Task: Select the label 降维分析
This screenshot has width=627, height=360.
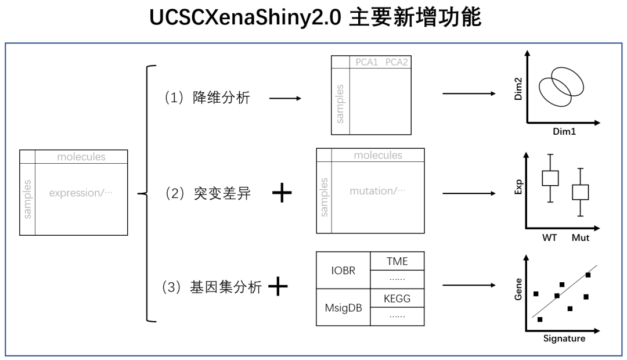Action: coord(221,98)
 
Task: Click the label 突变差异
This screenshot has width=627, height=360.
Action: coord(222,194)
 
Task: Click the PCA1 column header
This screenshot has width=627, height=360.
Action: coord(367,63)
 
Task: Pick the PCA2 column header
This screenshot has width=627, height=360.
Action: coord(397,63)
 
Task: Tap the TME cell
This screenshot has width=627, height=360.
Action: coord(398,261)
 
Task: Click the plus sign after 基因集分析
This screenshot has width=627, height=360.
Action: coord(278,287)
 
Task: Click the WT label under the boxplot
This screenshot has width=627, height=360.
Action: coord(550,237)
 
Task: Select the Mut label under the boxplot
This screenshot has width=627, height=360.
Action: coord(581,237)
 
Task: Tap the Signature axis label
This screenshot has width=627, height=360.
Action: coord(564,338)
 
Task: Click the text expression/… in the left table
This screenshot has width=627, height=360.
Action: coord(81,193)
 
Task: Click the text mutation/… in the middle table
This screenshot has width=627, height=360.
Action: coord(377,190)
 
